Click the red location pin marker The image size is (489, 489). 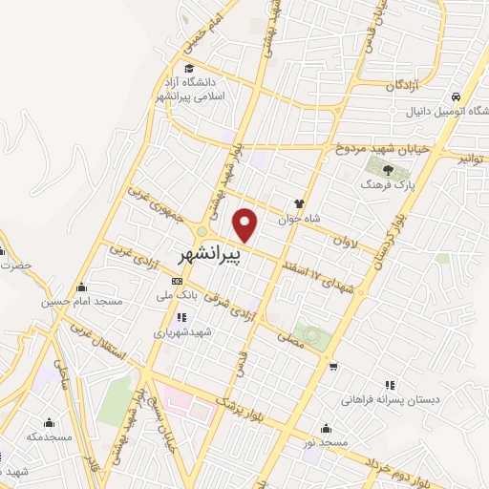click(x=246, y=223)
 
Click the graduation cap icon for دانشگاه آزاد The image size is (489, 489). click(x=190, y=68)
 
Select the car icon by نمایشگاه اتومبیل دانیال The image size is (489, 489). click(x=457, y=97)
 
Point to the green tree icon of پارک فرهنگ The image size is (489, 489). click(x=372, y=170)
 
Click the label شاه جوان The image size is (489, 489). click(x=295, y=218)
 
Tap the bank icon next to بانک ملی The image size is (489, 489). click(x=176, y=282)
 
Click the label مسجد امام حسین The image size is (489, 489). click(x=82, y=302)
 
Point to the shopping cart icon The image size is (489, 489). click(x=332, y=366)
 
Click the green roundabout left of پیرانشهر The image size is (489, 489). click(x=202, y=234)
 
